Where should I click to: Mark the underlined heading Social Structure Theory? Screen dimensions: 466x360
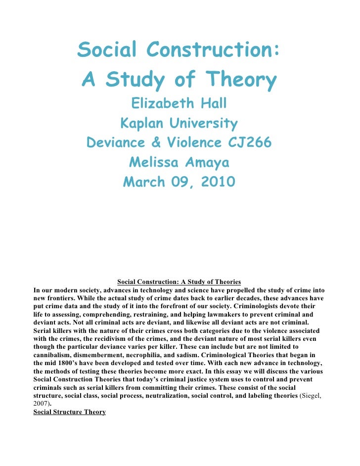pos(69,412)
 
